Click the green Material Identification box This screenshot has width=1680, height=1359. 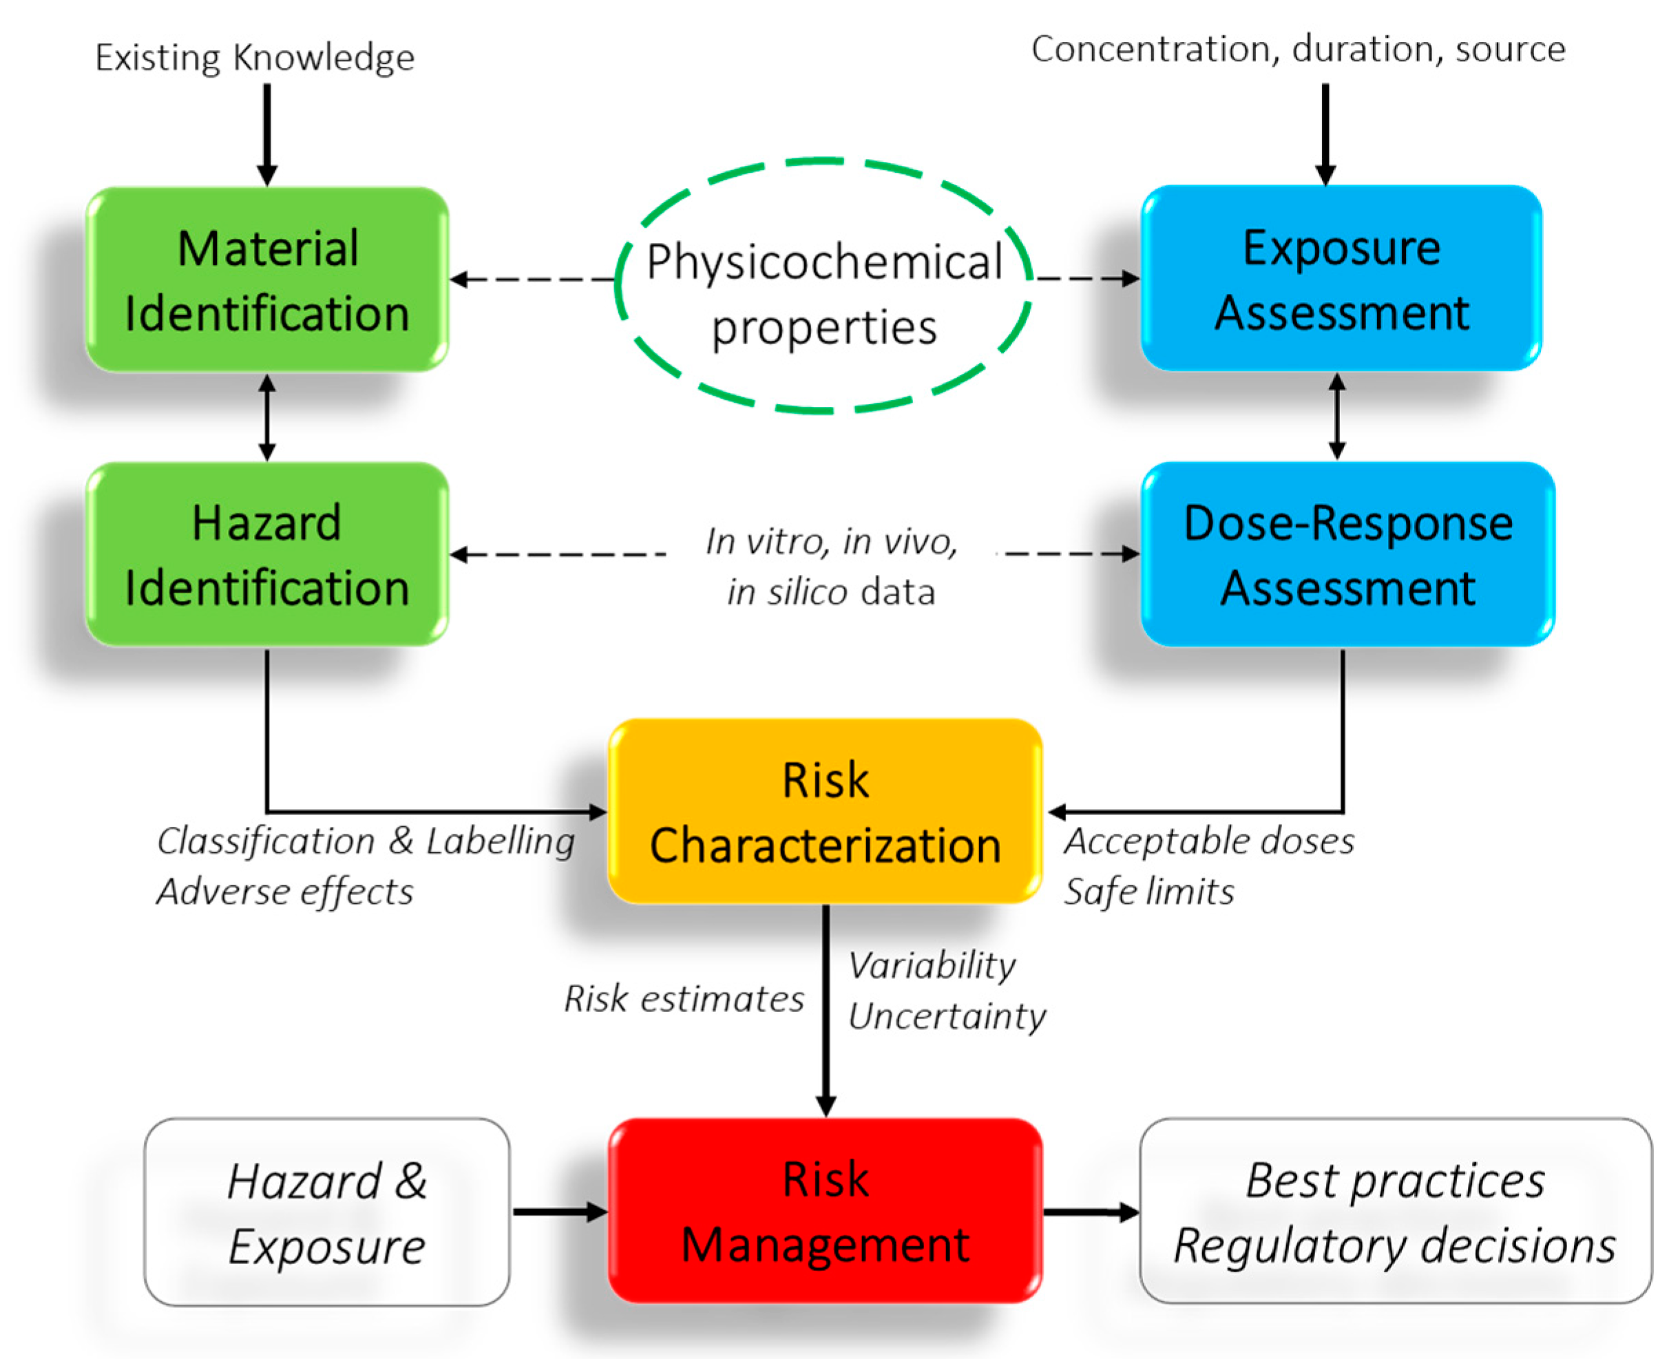tap(267, 280)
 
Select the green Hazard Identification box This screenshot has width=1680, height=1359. tap(267, 554)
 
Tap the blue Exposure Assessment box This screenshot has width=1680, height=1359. tap(1341, 278)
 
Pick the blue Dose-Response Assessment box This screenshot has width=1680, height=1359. tap(1347, 554)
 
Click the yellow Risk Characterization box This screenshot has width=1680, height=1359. tap(825, 812)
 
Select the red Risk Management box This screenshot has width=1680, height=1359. tap(825, 1211)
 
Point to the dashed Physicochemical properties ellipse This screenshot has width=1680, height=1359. tap(823, 286)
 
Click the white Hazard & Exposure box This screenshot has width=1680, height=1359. tap(326, 1212)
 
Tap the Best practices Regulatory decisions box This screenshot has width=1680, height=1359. tap(1395, 1211)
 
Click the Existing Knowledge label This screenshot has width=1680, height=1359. tap(255, 57)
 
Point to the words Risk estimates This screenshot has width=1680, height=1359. tap(684, 999)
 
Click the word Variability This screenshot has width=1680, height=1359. tap(932, 965)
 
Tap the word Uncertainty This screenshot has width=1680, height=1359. tap(947, 1016)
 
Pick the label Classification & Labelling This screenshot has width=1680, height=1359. tap(366, 841)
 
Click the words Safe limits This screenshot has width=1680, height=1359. tap(1149, 892)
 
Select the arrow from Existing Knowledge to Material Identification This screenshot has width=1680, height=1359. tap(267, 133)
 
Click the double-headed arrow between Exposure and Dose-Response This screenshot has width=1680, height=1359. tap(1337, 417)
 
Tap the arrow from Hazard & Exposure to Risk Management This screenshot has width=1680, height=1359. tap(558, 1212)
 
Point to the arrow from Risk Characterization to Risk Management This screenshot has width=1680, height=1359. tap(826, 1010)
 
